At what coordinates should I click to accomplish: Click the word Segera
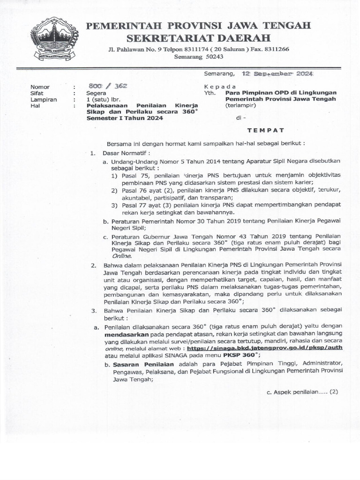[97, 93]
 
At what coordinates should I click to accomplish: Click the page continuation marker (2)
[333, 391]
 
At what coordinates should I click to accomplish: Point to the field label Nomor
[40, 87]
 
